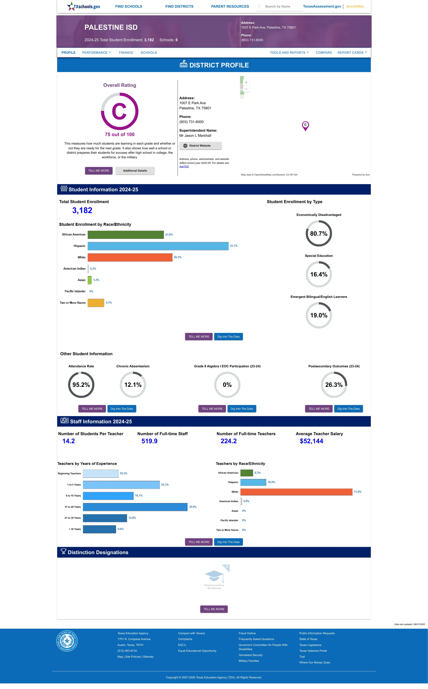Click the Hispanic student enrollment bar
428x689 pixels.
pyautogui.click(x=158, y=246)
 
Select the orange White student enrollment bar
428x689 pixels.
pyautogui.click(x=130, y=257)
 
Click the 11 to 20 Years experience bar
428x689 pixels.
pyautogui.click(x=135, y=507)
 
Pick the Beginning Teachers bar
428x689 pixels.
pyautogui.click(x=100, y=474)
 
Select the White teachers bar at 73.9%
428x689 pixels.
pyautogui.click(x=296, y=492)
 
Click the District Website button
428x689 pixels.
pyautogui.click(x=200, y=146)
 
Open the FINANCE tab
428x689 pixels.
pyautogui.click(x=126, y=53)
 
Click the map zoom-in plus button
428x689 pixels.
pyautogui.click(x=246, y=82)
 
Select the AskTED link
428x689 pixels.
pyautogui.click(x=184, y=166)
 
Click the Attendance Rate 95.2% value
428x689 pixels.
pyautogui.click(x=81, y=385)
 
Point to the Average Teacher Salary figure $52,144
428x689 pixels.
pyautogui.click(x=311, y=441)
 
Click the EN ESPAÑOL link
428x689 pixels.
pyautogui.click(x=355, y=6)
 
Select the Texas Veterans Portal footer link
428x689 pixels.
pyautogui.click(x=313, y=651)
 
